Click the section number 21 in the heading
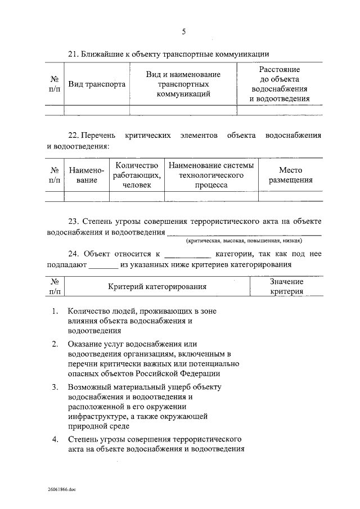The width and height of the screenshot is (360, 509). point(71,54)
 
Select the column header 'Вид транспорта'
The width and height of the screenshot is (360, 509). point(97,84)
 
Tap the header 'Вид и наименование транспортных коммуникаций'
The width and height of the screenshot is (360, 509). point(183,84)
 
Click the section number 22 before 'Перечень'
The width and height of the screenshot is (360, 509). point(71,136)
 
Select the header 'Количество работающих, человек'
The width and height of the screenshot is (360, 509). point(137,175)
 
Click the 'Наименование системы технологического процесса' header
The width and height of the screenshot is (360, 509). point(211,175)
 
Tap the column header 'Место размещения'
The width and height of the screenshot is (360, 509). point(290,175)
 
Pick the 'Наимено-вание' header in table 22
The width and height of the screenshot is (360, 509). point(83,175)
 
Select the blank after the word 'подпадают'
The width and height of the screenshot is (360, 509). point(103,265)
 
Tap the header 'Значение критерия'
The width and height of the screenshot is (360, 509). point(286,286)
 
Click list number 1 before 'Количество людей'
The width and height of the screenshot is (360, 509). point(55,311)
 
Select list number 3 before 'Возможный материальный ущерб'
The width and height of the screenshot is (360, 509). point(55,388)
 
